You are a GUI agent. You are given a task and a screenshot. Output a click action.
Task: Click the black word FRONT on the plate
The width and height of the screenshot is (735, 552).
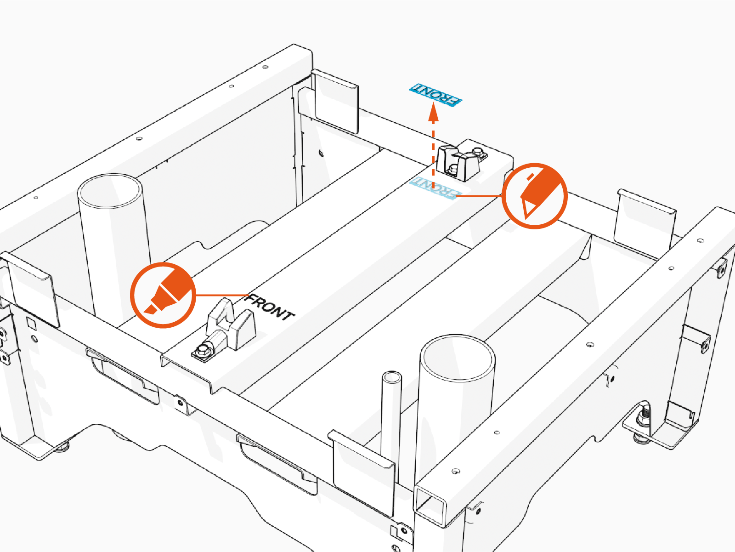tap(271, 307)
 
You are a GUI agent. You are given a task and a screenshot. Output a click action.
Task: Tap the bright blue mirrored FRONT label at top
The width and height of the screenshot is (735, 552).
tap(435, 95)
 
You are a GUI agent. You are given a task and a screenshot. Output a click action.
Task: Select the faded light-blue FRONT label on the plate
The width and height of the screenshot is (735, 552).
tap(435, 188)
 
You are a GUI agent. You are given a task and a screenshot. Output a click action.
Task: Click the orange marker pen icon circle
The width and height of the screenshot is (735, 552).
tap(163, 295)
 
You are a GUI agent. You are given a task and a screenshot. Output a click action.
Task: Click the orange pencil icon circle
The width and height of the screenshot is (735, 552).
tap(534, 196)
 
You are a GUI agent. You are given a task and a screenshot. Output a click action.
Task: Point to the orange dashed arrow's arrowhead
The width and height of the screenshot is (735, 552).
tap(433, 112)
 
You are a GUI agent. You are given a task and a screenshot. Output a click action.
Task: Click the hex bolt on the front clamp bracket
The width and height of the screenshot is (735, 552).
tap(203, 351)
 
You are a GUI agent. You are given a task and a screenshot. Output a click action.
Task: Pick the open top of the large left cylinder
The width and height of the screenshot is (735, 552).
tap(109, 191)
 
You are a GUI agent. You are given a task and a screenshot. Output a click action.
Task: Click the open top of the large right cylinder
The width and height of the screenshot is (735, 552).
tap(458, 358)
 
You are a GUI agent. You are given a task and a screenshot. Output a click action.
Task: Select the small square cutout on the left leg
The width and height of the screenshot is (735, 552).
tap(31, 324)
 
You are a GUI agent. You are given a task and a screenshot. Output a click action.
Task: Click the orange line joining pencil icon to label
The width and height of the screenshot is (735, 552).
tap(479, 196)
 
